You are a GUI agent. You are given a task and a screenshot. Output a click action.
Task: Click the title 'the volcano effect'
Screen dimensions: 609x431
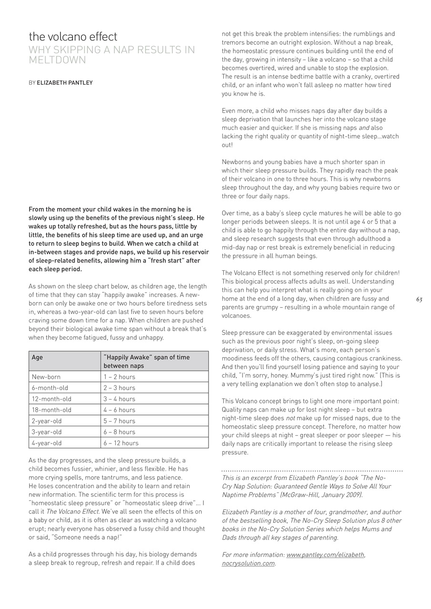pos(73,37)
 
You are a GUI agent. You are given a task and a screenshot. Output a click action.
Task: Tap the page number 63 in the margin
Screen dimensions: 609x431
pos(419,299)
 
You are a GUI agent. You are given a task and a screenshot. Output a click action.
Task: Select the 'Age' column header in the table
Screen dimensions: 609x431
pos(37,357)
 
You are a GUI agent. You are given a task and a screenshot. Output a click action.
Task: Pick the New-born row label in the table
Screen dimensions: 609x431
pos(46,377)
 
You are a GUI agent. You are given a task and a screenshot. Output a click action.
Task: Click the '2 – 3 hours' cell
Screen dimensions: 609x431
pos(119,388)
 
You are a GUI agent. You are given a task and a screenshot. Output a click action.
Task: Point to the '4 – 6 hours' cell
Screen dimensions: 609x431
pos(119,410)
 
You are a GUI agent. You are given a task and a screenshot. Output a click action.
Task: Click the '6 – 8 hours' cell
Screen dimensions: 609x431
pos(119,432)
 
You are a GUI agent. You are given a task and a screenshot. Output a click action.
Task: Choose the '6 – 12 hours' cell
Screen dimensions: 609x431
pos(121,443)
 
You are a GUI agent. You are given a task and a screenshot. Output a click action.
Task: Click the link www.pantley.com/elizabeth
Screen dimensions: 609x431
pos(325,555)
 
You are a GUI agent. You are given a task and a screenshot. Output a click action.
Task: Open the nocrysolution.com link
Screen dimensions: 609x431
pos(248,563)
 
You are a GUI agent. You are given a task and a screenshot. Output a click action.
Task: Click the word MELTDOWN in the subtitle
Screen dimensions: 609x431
pos(57,60)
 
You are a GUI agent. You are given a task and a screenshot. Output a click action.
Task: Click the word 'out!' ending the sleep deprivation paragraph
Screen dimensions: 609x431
pos(227,145)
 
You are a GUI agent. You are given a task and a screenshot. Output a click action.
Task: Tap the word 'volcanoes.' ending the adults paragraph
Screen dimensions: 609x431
pos(237,316)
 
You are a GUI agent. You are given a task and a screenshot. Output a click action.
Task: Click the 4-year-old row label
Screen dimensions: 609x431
pos(47,443)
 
